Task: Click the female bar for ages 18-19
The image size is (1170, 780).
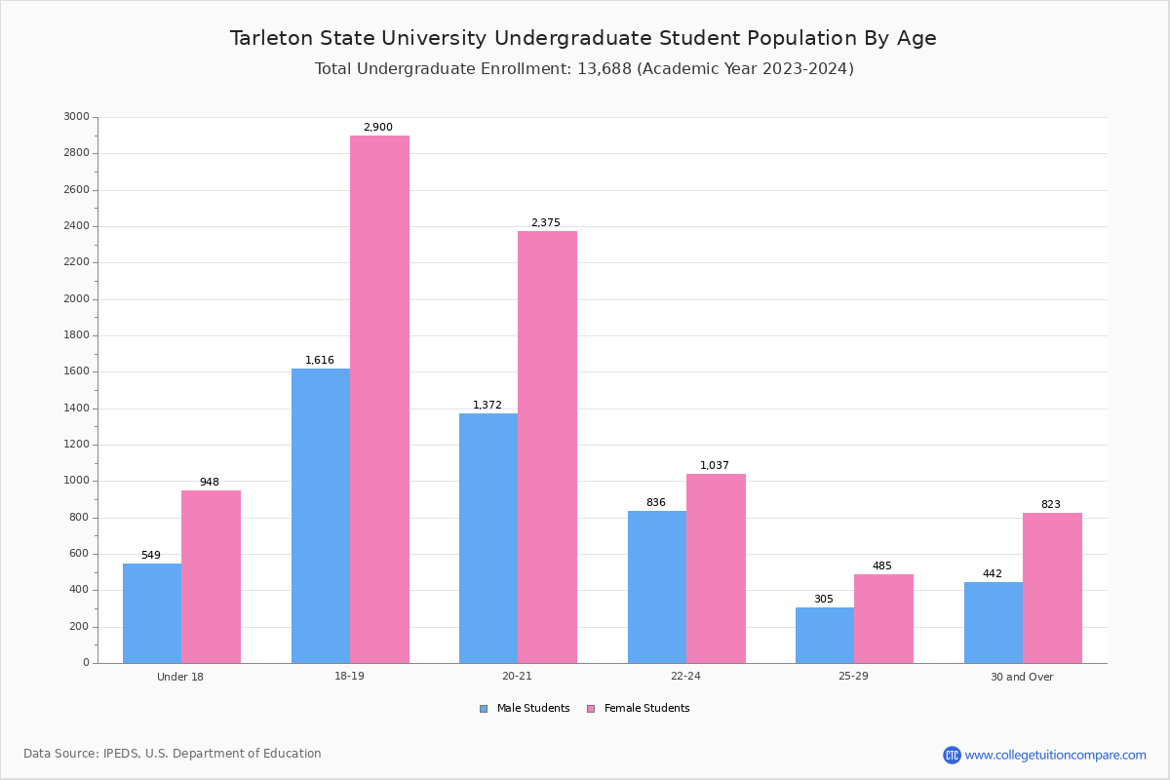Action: pos(379,400)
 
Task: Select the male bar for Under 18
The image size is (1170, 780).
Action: pos(152,613)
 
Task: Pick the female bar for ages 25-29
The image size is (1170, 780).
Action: pos(883,619)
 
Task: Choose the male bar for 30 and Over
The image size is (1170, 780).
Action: pos(994,623)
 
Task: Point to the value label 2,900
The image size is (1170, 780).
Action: pos(378,127)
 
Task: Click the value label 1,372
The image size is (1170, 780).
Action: pos(487,405)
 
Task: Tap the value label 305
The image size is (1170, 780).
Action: pos(824,599)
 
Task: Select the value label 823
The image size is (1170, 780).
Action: pos(1050,504)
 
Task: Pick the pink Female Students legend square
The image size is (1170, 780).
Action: pos(591,709)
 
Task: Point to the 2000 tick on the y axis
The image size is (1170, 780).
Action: pos(76,298)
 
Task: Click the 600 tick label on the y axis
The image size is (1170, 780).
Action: pos(79,553)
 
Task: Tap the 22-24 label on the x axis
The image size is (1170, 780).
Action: pos(685,677)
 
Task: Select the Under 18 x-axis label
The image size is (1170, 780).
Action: pos(180,677)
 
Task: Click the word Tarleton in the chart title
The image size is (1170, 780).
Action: pos(272,38)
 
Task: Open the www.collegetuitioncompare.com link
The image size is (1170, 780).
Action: pos(1055,755)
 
